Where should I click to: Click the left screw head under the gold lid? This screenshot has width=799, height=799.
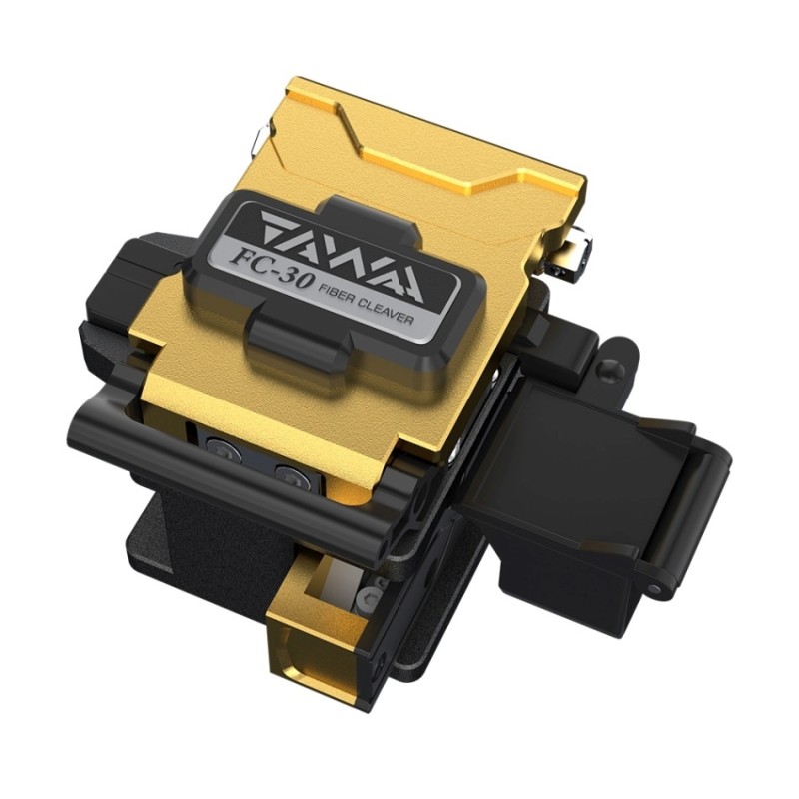coord(224,451)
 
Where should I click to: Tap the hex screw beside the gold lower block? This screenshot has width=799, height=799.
coord(370,597)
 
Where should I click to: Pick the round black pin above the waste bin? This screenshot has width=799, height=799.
coord(607,368)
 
